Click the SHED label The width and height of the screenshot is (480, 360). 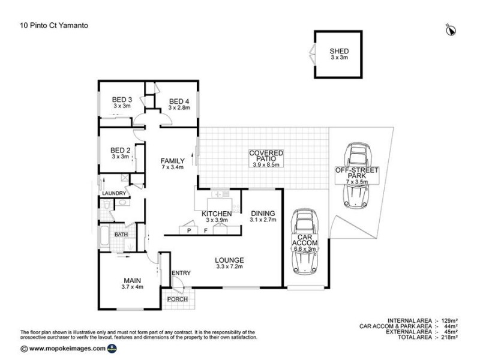339,52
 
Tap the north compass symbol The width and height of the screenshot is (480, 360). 451,28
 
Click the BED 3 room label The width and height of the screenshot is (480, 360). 122,100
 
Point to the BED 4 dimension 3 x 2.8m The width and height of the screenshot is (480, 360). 179,107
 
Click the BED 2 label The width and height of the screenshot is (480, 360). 121,150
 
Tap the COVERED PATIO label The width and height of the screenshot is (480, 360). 266,154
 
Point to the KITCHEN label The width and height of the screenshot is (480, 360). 217,214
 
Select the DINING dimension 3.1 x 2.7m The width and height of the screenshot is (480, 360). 263,220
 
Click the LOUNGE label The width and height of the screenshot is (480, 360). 229,260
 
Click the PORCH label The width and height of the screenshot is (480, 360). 178,299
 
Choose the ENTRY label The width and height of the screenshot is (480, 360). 181,273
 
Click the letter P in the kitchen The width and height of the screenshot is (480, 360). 188,230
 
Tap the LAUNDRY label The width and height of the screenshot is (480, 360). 114,193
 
